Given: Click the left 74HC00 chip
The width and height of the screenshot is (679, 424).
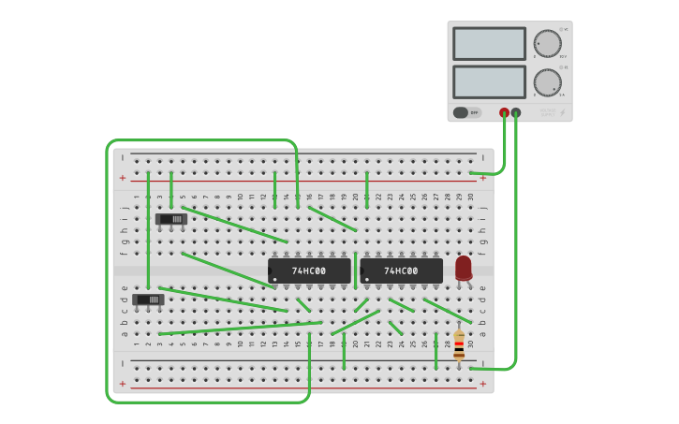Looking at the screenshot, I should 309,270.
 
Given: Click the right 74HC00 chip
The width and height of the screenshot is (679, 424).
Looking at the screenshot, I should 401,270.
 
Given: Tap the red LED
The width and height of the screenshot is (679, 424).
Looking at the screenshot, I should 464,268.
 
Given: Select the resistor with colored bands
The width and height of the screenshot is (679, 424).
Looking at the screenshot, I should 459,345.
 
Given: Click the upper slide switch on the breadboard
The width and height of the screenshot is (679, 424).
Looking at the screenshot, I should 171,219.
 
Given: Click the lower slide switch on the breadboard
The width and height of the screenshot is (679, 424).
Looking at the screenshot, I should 148,300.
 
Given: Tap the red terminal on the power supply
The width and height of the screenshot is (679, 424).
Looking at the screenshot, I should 504,112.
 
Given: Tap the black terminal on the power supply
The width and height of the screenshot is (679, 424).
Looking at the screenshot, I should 516,112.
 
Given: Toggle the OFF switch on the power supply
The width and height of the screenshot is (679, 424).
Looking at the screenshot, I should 466,112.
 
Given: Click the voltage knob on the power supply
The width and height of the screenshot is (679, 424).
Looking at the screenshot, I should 547,43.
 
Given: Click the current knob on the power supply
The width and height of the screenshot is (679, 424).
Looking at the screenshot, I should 547,81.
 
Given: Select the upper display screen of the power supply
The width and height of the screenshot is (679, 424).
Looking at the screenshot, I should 489,43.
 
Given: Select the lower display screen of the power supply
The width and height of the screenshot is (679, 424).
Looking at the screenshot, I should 489,81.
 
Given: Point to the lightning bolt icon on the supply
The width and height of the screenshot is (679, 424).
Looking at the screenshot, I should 563,112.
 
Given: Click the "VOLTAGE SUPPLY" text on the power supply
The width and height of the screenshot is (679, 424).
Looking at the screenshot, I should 547,112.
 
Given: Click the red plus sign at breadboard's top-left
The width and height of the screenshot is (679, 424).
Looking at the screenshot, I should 122,178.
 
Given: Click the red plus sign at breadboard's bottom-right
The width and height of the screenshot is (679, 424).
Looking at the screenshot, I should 483,383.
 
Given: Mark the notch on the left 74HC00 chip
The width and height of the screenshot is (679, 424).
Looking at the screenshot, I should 271,270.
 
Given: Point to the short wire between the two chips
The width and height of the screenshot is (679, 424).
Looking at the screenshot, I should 356,270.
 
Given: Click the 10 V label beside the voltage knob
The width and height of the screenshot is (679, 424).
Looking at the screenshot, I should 563,56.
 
